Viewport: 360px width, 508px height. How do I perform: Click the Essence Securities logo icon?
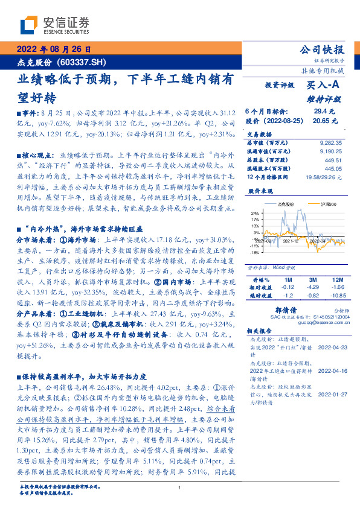pyautogui.click(x=30, y=26)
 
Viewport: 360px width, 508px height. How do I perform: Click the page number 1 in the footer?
pyautogui.click(x=180, y=487)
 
